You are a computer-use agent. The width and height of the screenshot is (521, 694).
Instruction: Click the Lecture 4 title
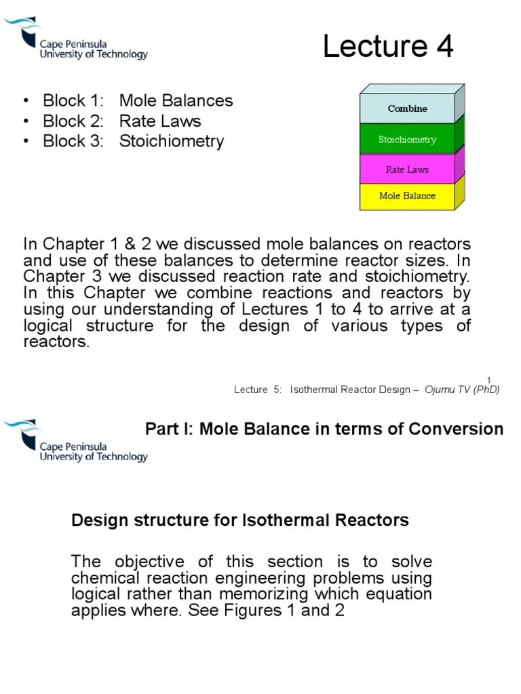(x=387, y=47)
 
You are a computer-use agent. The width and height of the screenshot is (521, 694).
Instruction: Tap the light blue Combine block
(x=407, y=108)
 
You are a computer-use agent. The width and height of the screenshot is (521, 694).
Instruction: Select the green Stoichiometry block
(x=407, y=140)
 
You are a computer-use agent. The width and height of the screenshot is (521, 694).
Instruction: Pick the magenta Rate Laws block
(x=407, y=169)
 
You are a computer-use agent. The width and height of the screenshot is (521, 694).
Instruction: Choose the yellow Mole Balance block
(x=407, y=196)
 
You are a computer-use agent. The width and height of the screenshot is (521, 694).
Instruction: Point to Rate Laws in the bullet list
(x=160, y=121)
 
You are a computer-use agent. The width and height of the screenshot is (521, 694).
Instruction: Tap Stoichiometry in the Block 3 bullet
(x=171, y=142)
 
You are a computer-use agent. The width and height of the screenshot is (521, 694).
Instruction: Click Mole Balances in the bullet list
(x=176, y=101)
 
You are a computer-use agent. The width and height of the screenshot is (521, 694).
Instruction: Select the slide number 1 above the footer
(x=489, y=378)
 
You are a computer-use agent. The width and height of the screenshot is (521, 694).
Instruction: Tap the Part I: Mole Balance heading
(x=324, y=429)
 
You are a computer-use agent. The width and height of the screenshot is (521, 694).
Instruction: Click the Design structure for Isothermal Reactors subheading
(x=240, y=520)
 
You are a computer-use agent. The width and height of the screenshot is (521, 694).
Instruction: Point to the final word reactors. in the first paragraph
(x=56, y=342)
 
